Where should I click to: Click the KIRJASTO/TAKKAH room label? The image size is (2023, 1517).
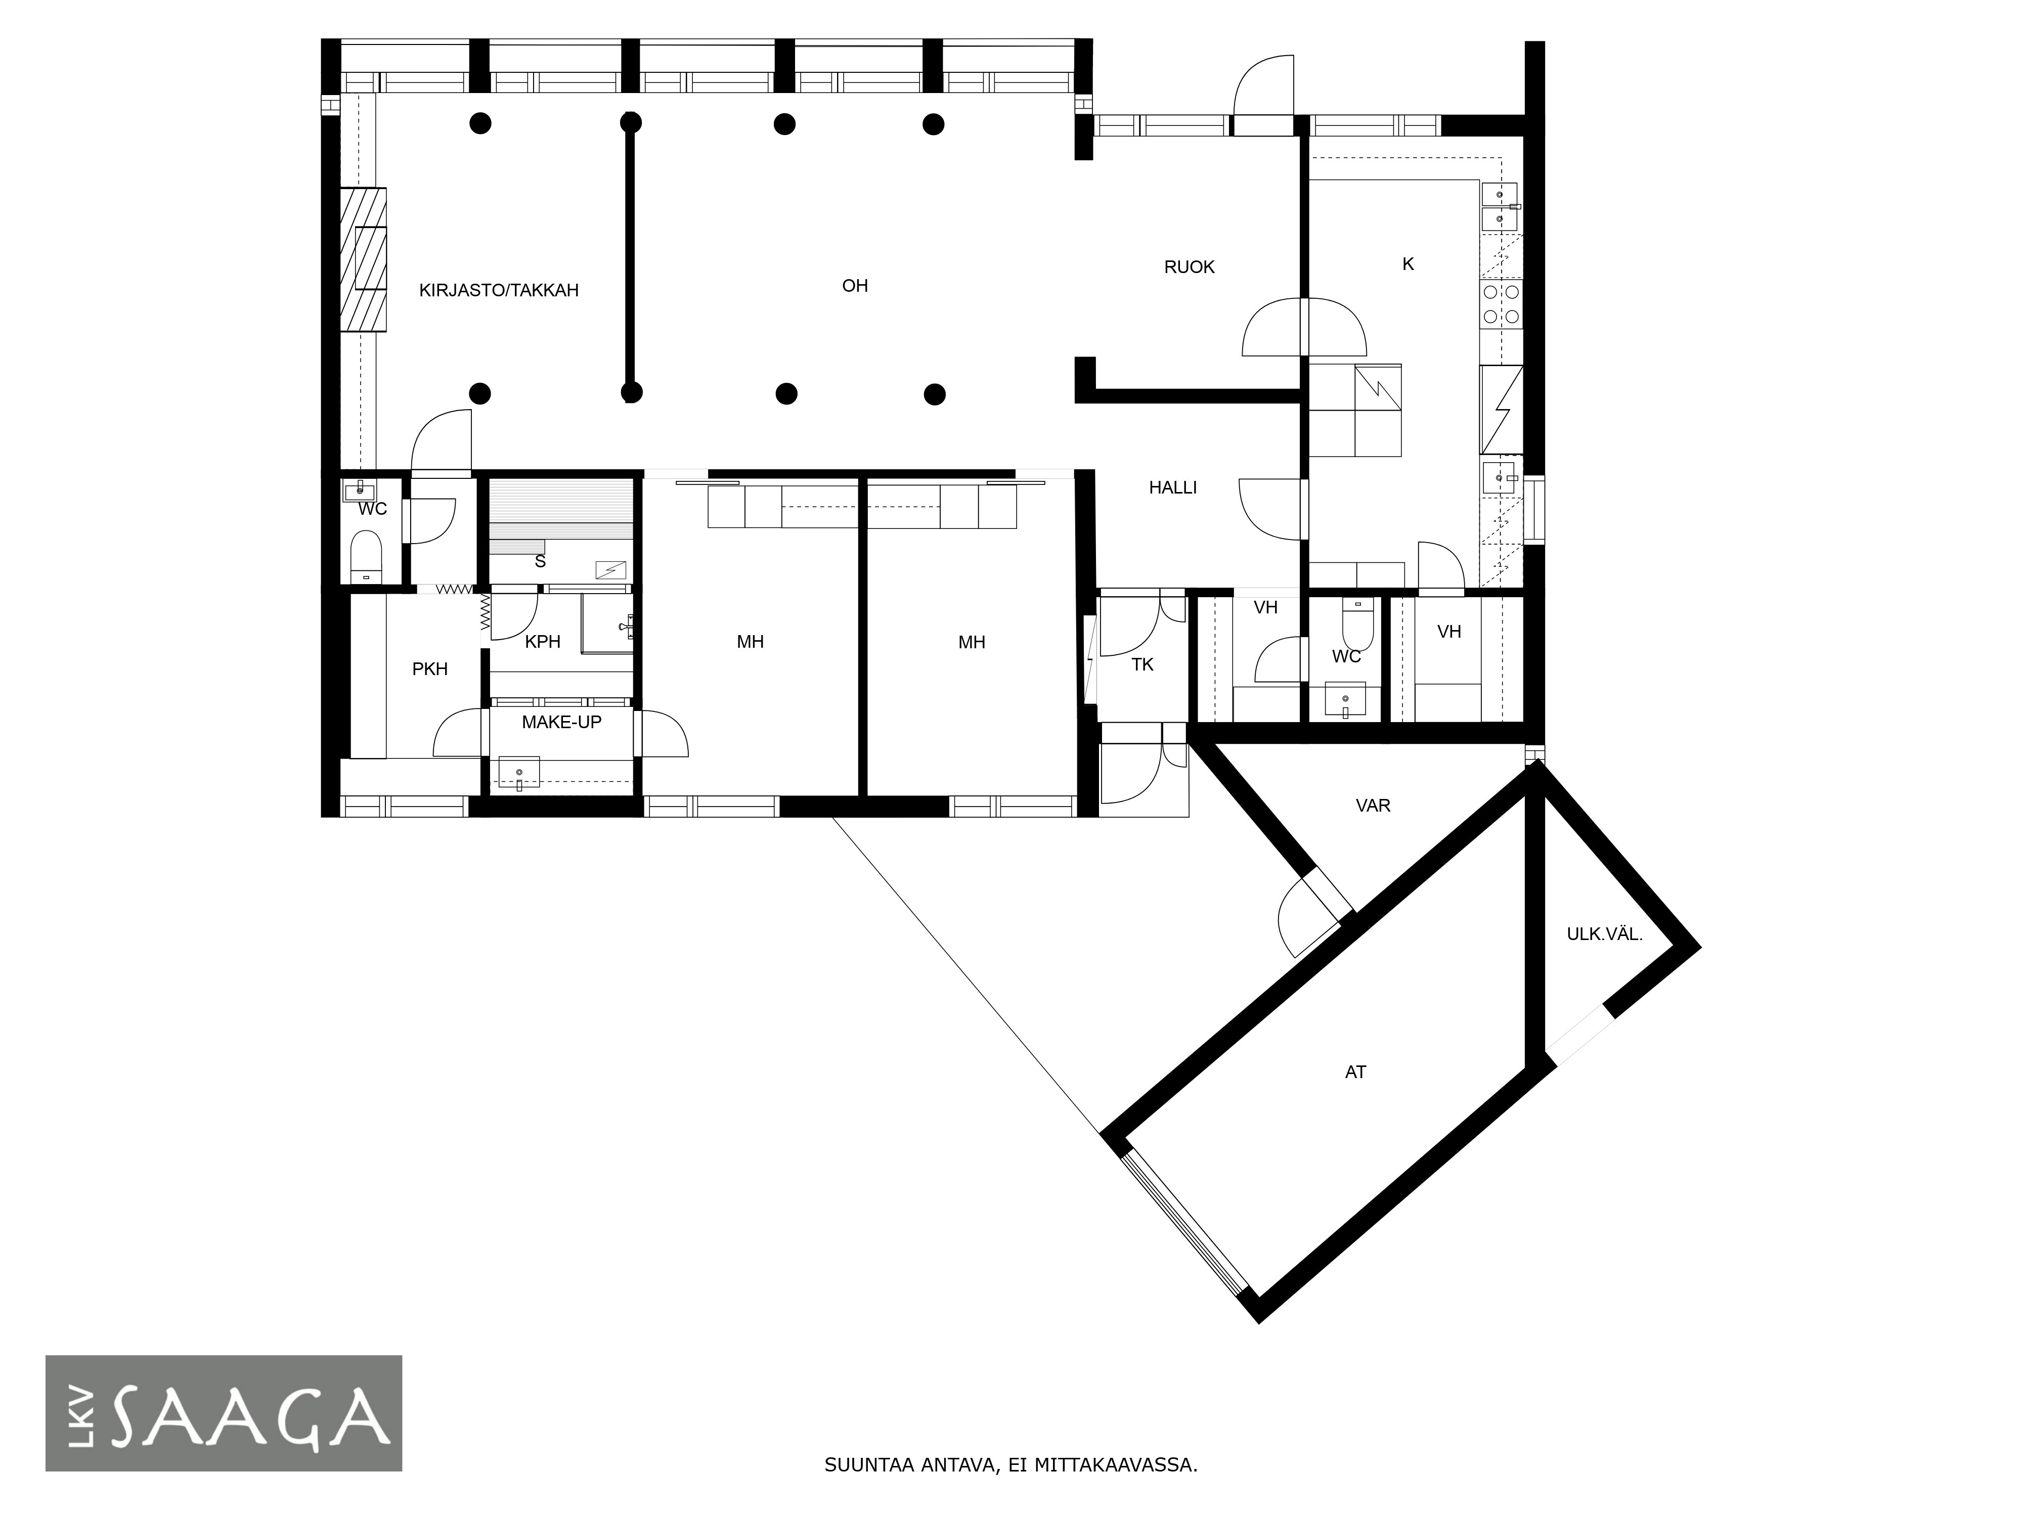pyautogui.click(x=499, y=291)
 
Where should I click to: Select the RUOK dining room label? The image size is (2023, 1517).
pyautogui.click(x=1189, y=267)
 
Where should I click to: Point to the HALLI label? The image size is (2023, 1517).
pyautogui.click(x=1172, y=487)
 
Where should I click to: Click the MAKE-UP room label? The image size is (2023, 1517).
pyautogui.click(x=561, y=723)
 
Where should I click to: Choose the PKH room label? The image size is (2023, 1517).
pyautogui.click(x=430, y=670)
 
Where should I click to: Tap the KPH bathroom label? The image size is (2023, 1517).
pyautogui.click(x=542, y=642)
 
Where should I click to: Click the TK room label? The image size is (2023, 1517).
pyautogui.click(x=1142, y=665)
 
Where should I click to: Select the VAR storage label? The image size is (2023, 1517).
pyautogui.click(x=1373, y=806)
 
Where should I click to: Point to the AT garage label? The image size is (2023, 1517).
pyautogui.click(x=1355, y=1072)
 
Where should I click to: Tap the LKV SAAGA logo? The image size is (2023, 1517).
pyautogui.click(x=224, y=1413)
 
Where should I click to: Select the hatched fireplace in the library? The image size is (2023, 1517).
pyautogui.click(x=363, y=260)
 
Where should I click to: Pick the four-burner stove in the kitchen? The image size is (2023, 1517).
pyautogui.click(x=1501, y=303)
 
